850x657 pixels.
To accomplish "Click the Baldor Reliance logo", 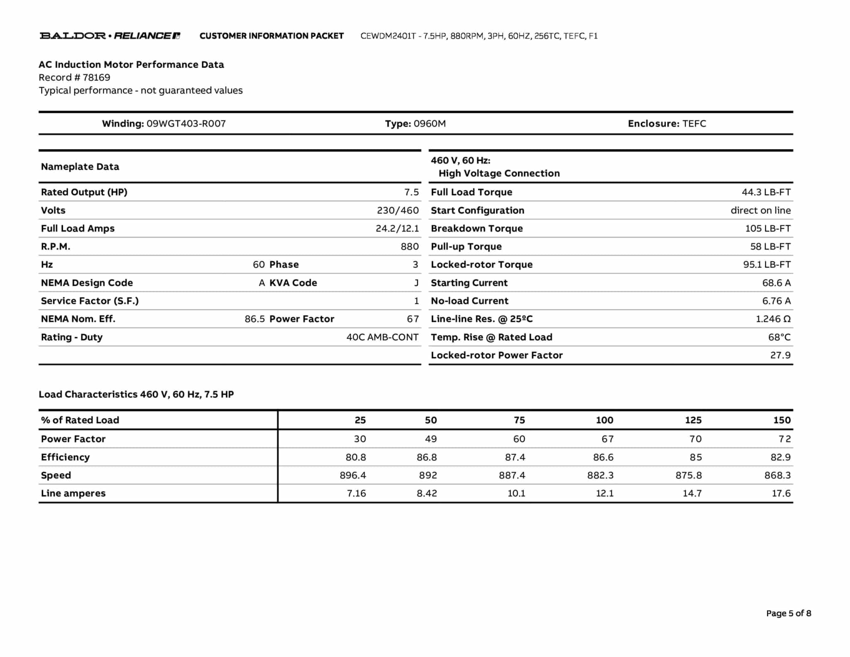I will pos(110,36).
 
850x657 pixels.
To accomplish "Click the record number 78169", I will pos(96,78).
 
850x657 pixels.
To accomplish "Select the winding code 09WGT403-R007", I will pos(186,124).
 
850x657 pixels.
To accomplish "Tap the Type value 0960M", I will pos(430,124).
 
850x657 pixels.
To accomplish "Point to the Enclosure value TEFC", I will pos(694,124).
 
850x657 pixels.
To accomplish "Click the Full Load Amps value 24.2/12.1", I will pos(397,228).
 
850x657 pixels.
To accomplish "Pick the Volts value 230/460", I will pos(398,211).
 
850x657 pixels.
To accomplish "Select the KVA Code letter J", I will pos(416,283).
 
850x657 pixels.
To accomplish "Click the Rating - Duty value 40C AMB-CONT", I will pos(382,337).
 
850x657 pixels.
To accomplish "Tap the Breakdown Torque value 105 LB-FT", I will pos(767,228).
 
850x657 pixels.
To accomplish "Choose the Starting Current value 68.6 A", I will pos(776,283).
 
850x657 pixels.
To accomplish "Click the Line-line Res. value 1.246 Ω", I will pos(773,319).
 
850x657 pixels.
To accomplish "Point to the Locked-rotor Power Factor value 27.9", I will pos(780,355).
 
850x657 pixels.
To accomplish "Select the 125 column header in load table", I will pos(693,420).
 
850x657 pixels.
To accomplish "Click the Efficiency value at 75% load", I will pos(515,457).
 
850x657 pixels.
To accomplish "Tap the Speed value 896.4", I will pos(353,475).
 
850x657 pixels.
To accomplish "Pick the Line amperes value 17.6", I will pos(781,493).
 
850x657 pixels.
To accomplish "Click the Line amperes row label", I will pos(73,493).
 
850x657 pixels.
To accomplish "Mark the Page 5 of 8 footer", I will pos(788,613).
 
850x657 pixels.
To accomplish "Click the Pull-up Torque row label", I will pos(466,247).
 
